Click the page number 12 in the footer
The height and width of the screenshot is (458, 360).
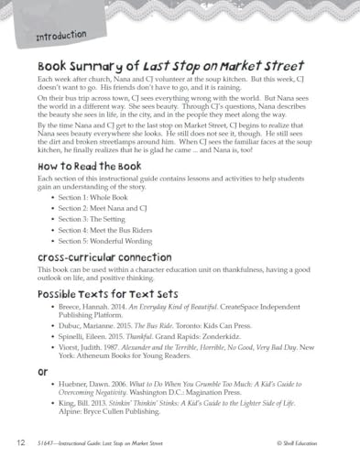pos(21,442)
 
